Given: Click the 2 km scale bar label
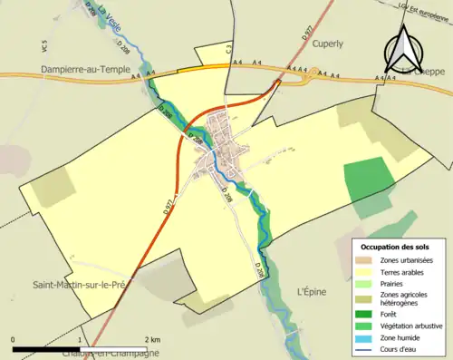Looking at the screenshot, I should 155,339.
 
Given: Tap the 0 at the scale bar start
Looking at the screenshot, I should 14,339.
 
